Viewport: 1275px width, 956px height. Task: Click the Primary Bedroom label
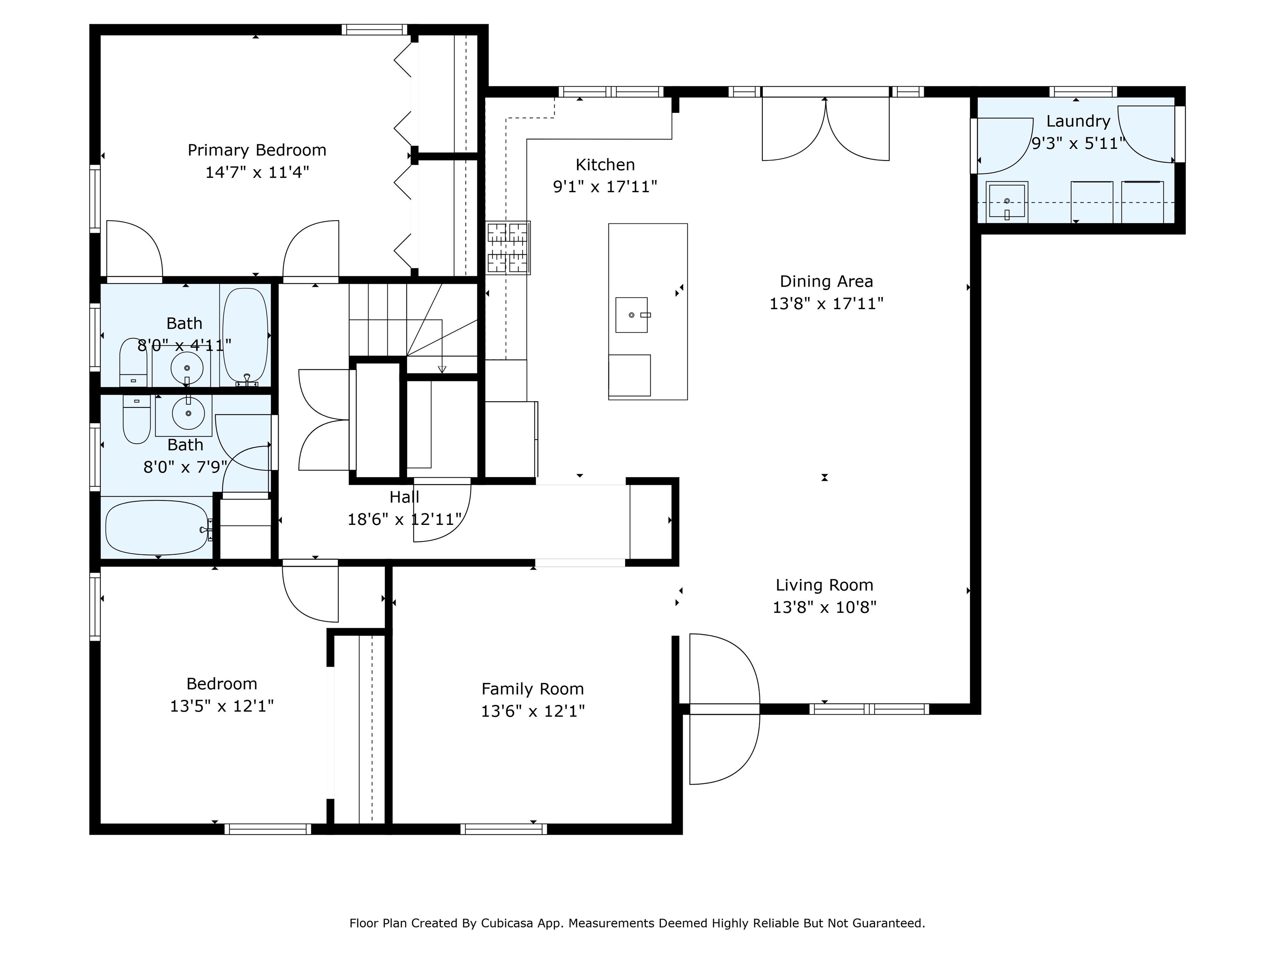click(257, 150)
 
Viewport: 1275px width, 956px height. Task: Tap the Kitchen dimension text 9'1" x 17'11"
click(605, 187)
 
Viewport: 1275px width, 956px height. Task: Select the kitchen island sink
click(632, 315)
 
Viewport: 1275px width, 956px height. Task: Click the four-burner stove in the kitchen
click(508, 248)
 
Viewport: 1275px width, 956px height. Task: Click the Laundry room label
click(1078, 122)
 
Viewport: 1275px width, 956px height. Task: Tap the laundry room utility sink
click(1007, 201)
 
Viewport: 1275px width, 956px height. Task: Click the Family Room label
click(532, 689)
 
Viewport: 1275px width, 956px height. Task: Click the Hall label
click(404, 498)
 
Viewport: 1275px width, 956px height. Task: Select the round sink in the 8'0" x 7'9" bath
click(188, 412)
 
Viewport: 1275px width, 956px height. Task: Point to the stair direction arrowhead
click(442, 369)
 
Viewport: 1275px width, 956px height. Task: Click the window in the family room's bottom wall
click(504, 829)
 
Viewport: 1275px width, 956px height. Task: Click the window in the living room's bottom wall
click(869, 710)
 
